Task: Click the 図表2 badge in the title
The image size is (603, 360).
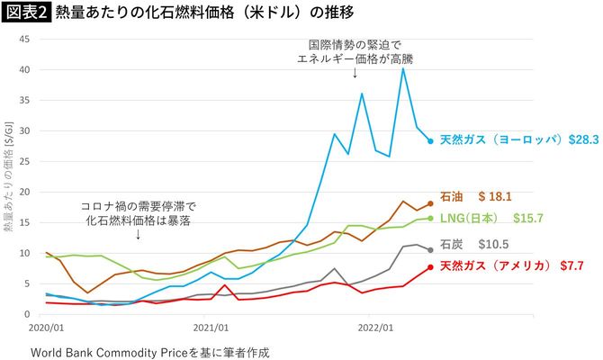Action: pyautogui.click(x=25, y=13)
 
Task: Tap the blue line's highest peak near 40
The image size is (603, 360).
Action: pyautogui.click(x=403, y=69)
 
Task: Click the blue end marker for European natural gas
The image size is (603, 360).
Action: pyautogui.click(x=430, y=141)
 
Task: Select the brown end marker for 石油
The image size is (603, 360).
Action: pyautogui.click(x=430, y=203)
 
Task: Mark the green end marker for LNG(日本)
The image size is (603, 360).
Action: pyautogui.click(x=430, y=218)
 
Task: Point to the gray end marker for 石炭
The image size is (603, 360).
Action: pyautogui.click(x=430, y=249)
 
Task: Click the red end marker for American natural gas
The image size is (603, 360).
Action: pyautogui.click(x=430, y=266)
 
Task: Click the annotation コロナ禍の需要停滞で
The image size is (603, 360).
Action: pyautogui.click(x=138, y=204)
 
